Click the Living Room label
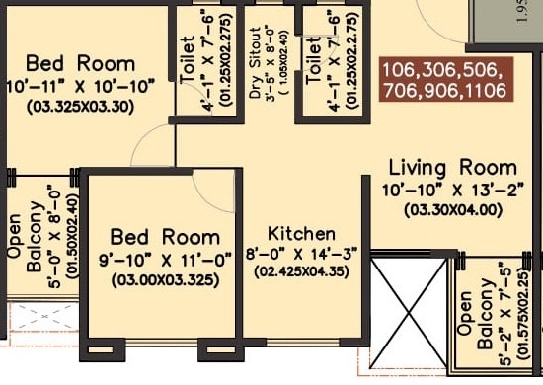[x=452, y=167]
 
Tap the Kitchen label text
[x=301, y=234]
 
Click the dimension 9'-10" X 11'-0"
[x=164, y=260]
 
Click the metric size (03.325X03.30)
[x=81, y=108]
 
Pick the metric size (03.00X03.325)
[x=164, y=280]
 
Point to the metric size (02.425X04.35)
[x=302, y=271]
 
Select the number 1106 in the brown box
[x=485, y=90]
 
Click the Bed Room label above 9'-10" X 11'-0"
[x=164, y=237]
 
